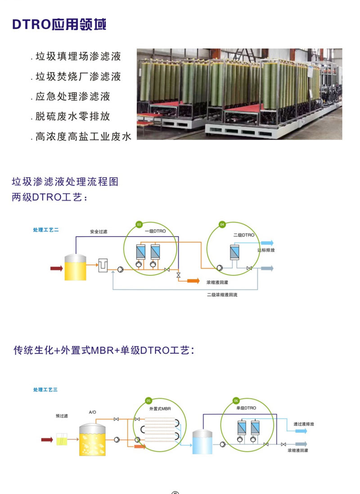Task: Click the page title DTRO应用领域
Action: click(x=59, y=25)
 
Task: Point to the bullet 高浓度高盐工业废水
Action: click(x=81, y=136)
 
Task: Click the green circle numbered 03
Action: click(x=139, y=225)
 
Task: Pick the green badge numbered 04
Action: click(x=222, y=225)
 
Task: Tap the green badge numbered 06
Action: click(x=236, y=400)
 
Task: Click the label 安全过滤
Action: click(x=99, y=232)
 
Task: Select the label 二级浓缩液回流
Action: click(x=222, y=295)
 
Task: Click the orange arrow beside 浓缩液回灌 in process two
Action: click(x=193, y=281)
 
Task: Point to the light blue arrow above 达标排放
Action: click(x=267, y=243)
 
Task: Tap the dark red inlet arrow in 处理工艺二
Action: click(x=57, y=269)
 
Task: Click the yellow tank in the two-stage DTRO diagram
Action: click(x=75, y=267)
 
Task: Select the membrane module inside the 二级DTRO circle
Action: click(x=234, y=252)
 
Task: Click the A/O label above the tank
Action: click(x=92, y=412)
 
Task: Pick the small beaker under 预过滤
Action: click(x=62, y=439)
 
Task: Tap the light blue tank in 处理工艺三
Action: click(x=202, y=441)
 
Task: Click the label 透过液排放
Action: click(x=304, y=424)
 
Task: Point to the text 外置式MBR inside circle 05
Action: click(x=160, y=409)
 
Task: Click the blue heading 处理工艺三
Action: click(x=45, y=390)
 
